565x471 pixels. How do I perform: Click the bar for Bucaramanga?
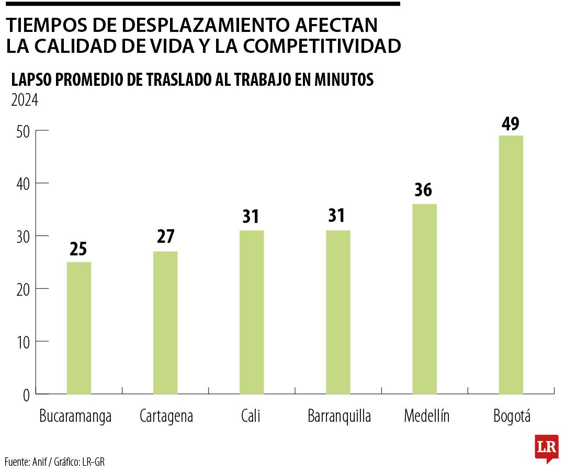coord(79,328)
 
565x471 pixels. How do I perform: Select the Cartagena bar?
coord(165,322)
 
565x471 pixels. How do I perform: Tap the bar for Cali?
coord(252,312)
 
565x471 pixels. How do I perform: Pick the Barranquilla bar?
coord(338,312)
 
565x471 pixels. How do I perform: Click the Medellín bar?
coord(424,299)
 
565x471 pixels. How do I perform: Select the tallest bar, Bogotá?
coord(511,264)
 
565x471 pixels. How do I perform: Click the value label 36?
coord(423,190)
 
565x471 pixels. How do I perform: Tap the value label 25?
coord(78,249)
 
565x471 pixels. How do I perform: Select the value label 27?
coord(165,237)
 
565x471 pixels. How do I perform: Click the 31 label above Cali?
coord(251,217)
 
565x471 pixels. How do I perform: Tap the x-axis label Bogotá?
coord(512,417)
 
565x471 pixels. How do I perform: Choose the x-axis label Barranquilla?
coord(339,417)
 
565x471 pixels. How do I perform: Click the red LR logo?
coord(546,448)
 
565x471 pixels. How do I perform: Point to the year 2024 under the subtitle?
coord(25,99)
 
